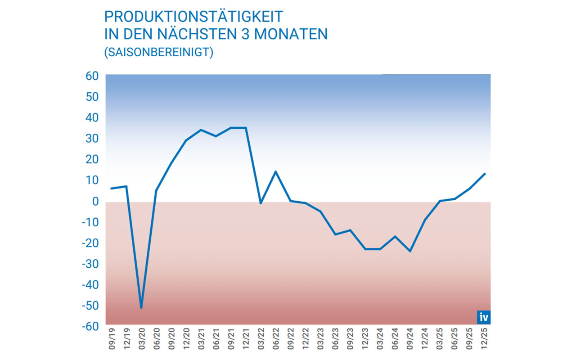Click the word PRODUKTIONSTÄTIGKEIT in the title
[193, 17]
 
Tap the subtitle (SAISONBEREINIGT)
[158, 52]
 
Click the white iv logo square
[484, 317]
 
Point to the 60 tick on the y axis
[92, 76]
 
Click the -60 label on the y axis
[90, 326]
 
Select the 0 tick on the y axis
[95, 201]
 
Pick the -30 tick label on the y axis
[90, 264]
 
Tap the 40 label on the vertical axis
[92, 118]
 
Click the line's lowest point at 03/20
[141, 308]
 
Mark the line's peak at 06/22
[275, 171]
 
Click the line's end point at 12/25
[485, 174]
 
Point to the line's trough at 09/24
[410, 251]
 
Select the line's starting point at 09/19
[111, 188]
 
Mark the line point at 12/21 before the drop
[246, 128]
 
